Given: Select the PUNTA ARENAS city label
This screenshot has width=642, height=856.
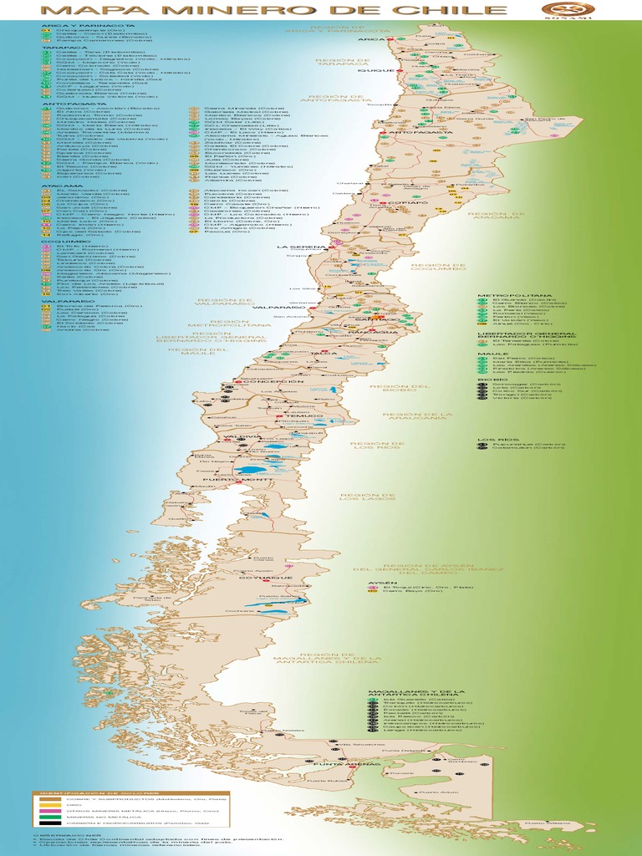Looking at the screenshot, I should (x=334, y=764).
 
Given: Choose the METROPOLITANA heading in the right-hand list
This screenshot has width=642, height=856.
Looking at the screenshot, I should (x=505, y=295).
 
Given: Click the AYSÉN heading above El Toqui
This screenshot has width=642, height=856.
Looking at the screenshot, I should (x=378, y=582).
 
